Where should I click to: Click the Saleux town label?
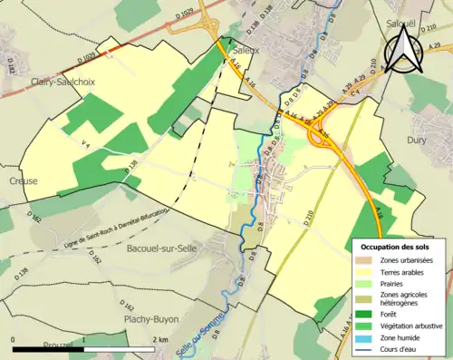click(x=246, y=52)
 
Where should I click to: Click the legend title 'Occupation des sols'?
click(x=397, y=247)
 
